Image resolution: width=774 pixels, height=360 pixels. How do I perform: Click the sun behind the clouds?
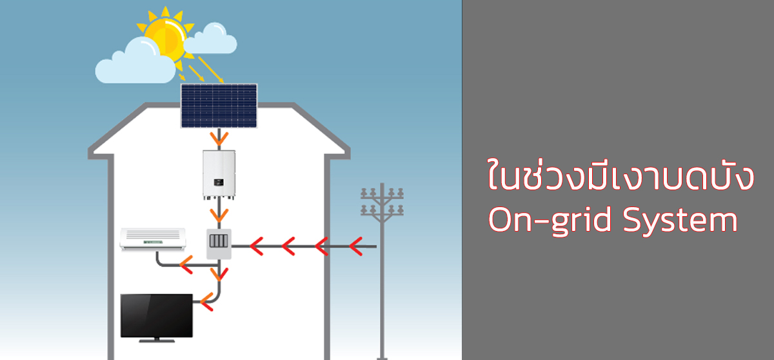pyautogui.click(x=166, y=38)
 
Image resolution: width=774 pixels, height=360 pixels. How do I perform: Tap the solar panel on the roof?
pyautogui.click(x=219, y=106)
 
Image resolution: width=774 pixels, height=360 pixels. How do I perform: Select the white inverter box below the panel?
pyautogui.click(x=219, y=175)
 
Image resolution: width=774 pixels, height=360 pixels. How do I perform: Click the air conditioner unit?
pyautogui.click(x=153, y=239)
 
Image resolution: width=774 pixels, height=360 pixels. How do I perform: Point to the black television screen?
pyautogui.click(x=157, y=315)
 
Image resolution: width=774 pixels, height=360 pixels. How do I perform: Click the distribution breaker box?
pyautogui.click(x=219, y=244)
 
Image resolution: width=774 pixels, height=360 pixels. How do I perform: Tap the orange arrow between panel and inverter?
pyautogui.click(x=219, y=139)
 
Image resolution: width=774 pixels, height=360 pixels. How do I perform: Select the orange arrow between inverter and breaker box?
pyautogui.click(x=219, y=215)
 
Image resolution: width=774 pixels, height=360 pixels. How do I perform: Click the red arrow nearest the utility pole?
pyautogui.click(x=356, y=246)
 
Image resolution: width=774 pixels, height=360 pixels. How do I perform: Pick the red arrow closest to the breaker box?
pyautogui.click(x=257, y=246)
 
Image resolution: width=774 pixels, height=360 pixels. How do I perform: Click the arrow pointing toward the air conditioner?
pyautogui.click(x=186, y=265)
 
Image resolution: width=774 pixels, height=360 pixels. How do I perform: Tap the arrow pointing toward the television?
pyautogui.click(x=206, y=301)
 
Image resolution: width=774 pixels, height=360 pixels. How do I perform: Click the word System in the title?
pyautogui.click(x=680, y=220)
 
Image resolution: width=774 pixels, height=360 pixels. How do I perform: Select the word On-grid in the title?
pyautogui.click(x=550, y=220)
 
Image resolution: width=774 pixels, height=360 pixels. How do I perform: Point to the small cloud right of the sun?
pyautogui.click(x=210, y=39)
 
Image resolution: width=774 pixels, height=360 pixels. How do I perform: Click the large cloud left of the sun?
pyautogui.click(x=135, y=62)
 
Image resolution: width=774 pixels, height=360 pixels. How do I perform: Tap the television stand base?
pyautogui.click(x=157, y=341)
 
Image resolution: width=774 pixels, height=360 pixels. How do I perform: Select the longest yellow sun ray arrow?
pyautogui.click(x=211, y=70)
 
